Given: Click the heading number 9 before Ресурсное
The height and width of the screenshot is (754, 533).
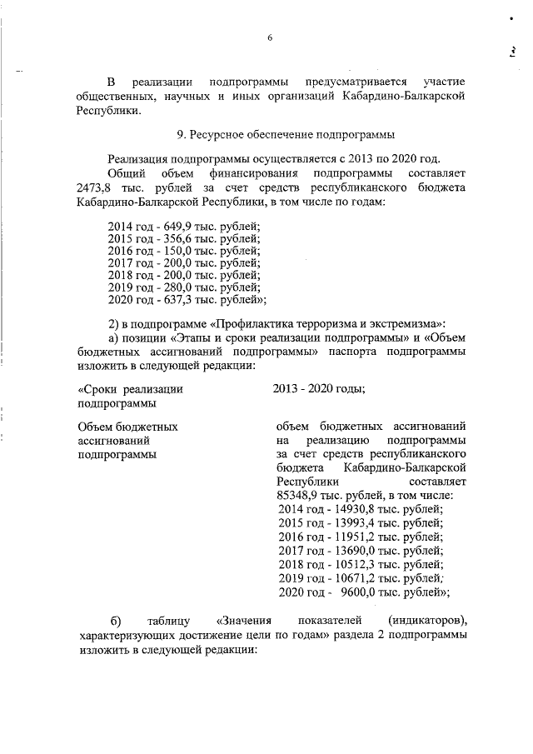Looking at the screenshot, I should pyautogui.click(x=180, y=134).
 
